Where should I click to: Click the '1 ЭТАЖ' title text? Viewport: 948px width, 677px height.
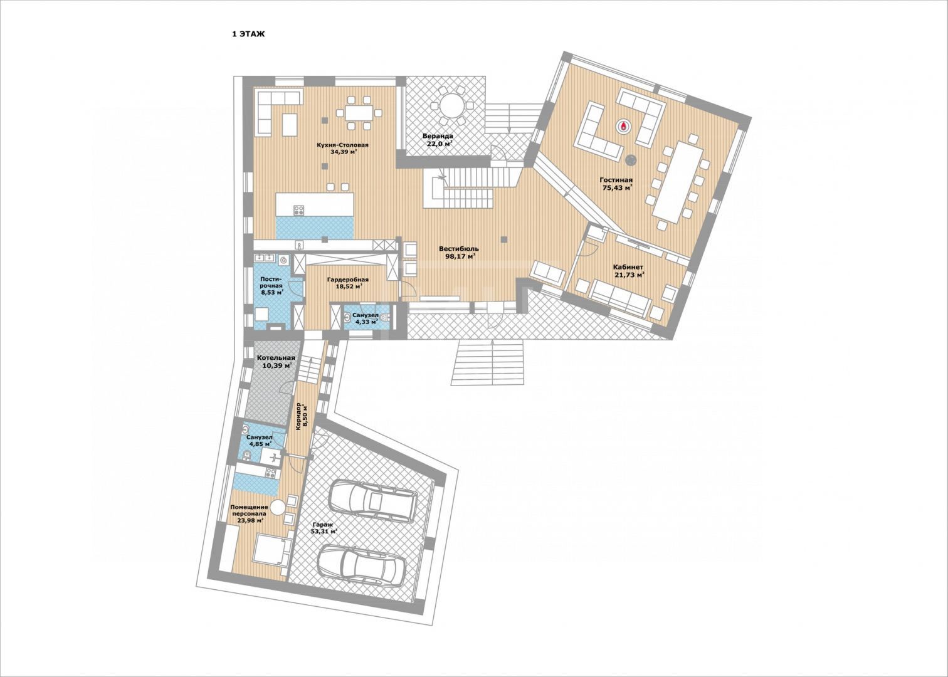point(248,34)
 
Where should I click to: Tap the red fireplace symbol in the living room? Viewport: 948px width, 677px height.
point(623,125)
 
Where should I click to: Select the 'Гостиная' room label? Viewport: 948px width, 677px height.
point(616,180)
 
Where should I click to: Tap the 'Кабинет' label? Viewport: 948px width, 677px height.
point(628,267)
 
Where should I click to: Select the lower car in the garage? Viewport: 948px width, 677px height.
point(361,565)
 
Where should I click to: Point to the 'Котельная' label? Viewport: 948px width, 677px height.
point(276,358)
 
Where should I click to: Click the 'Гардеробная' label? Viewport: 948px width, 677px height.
point(348,280)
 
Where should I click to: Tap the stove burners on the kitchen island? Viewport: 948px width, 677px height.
point(299,209)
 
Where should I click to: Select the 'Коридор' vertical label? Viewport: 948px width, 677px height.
point(298,416)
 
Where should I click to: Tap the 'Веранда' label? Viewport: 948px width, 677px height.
point(438,136)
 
